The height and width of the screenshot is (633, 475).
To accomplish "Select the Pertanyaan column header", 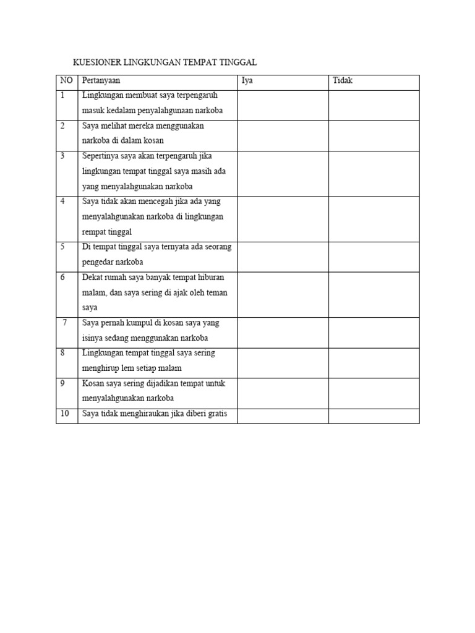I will [x=101, y=81].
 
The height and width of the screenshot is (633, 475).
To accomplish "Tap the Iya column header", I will [x=247, y=81].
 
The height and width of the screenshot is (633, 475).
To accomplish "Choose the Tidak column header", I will [x=343, y=81].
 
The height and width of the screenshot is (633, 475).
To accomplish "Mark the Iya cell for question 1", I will [x=283, y=105].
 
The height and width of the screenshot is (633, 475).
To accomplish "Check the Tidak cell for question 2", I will [x=374, y=135].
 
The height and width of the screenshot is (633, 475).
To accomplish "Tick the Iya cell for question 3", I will [x=283, y=173].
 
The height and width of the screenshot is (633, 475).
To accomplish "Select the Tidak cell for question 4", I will [x=374, y=219].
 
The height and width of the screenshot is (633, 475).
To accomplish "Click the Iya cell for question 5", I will [x=283, y=257].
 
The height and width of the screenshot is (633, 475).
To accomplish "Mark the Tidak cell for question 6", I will [x=374, y=294].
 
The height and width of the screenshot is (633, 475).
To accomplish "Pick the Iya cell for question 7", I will [x=283, y=333].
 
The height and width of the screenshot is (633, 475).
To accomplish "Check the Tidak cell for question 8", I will [x=374, y=363].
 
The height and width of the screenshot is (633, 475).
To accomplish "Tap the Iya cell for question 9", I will [x=283, y=393].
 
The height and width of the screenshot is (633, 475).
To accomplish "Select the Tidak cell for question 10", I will [x=374, y=416].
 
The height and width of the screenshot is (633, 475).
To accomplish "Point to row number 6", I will [x=62, y=278].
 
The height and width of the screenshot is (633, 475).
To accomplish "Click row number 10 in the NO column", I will [x=65, y=414].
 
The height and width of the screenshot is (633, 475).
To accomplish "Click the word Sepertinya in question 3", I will [x=101, y=156].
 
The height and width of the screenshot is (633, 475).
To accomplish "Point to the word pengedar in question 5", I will [x=98, y=262].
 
